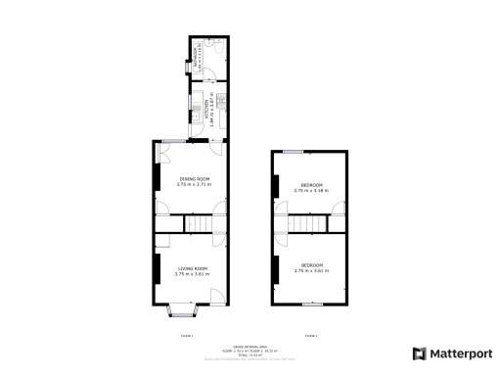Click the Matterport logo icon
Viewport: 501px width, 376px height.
[x=418, y=353]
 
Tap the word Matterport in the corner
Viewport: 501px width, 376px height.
[x=457, y=353]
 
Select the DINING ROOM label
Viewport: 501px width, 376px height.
[x=194, y=178]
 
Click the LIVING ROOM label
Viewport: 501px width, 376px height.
[x=193, y=268]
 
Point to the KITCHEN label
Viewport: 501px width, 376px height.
[x=206, y=109]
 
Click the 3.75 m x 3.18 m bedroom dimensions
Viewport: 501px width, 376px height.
[x=311, y=191]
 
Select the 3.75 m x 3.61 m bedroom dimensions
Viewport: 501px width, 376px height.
[x=311, y=271]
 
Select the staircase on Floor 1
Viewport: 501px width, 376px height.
[x=199, y=225]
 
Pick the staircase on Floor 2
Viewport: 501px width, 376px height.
[x=311, y=226]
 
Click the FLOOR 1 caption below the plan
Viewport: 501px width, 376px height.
[x=187, y=336]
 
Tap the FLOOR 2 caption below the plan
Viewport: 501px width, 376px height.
[x=311, y=336]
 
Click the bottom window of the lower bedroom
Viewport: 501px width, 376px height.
[x=312, y=305]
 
